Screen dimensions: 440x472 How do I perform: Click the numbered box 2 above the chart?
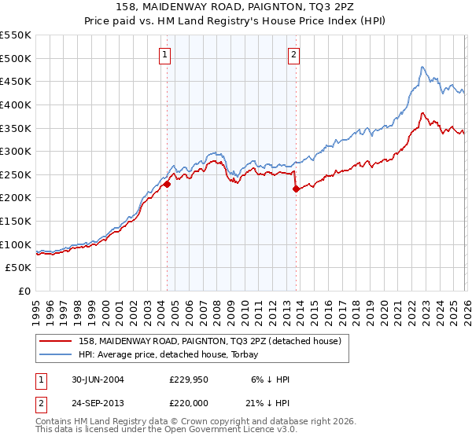293,55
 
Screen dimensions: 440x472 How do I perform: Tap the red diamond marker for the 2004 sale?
168,185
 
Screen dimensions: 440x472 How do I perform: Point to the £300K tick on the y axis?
16,151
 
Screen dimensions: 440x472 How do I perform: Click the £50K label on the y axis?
18,268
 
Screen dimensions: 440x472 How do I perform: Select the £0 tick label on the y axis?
24,291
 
